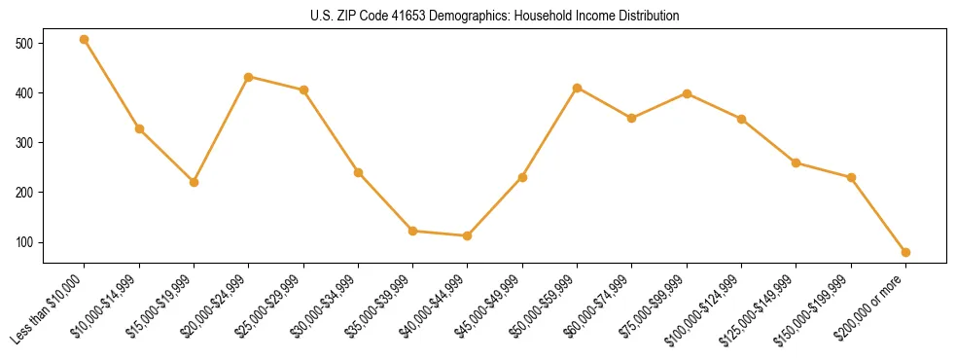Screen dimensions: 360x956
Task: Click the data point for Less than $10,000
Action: pyautogui.click(x=85, y=40)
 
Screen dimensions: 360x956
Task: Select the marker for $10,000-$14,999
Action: pyautogui.click(x=139, y=128)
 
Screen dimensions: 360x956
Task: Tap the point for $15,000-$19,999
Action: pyautogui.click(x=194, y=182)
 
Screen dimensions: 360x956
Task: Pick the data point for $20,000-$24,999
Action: pyautogui.click(x=249, y=77)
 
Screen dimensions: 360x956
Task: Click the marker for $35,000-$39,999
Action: pyautogui.click(x=413, y=231)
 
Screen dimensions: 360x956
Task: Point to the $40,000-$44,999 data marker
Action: pyautogui.click(x=468, y=235)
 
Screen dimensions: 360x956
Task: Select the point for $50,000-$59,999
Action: pyautogui.click(x=577, y=88)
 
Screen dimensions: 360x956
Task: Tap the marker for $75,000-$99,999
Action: pyautogui.click(x=687, y=93)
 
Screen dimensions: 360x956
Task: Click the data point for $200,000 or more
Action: pyautogui.click(x=905, y=252)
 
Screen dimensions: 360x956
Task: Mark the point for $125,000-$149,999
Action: pyautogui.click(x=797, y=162)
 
